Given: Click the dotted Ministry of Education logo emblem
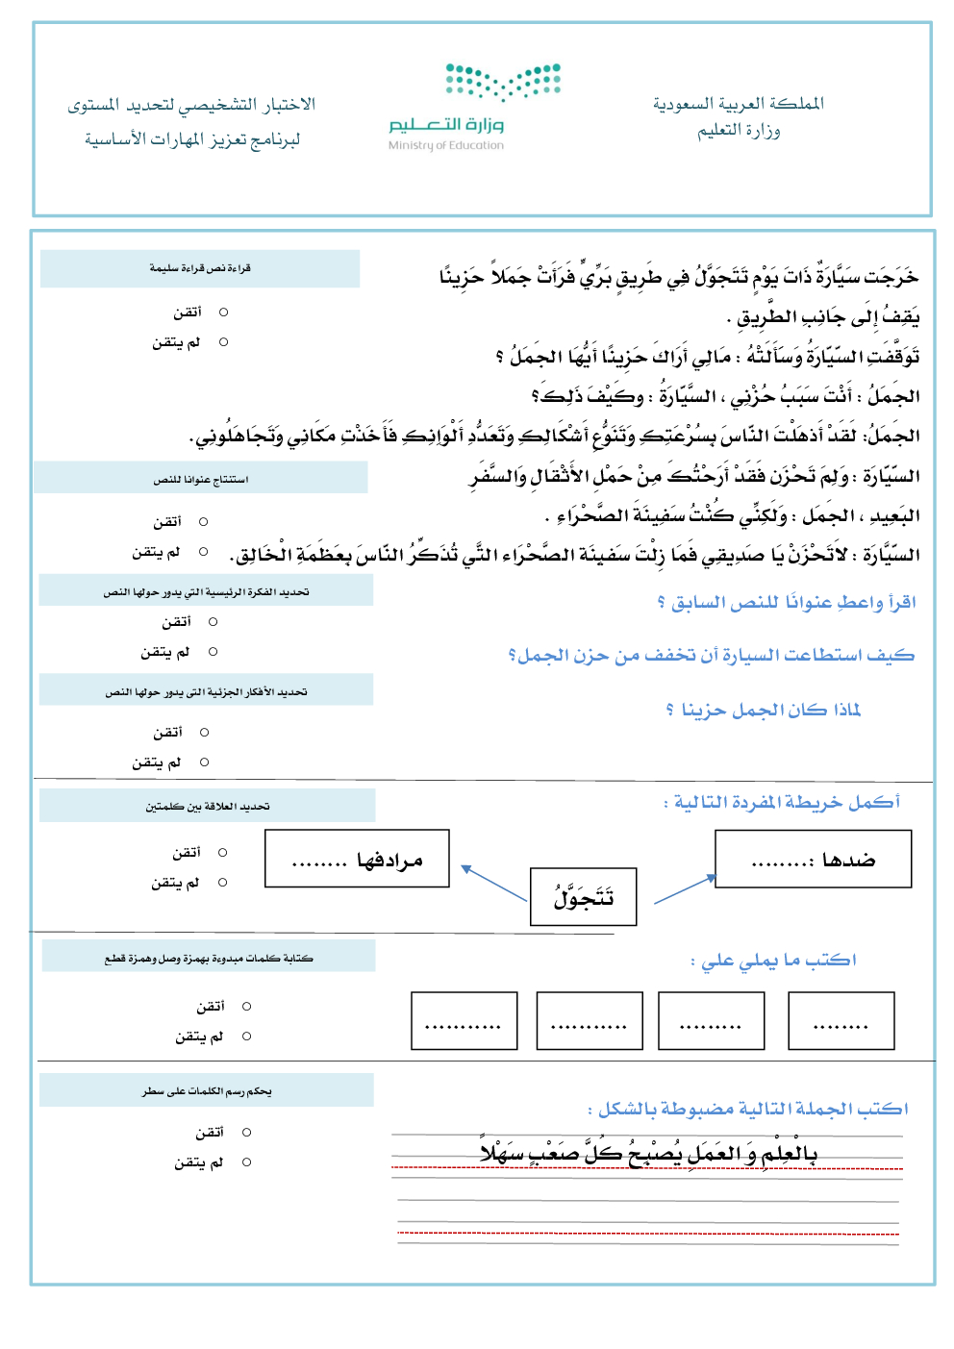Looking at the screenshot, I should [x=503, y=82].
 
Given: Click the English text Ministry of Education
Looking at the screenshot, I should [x=445, y=146].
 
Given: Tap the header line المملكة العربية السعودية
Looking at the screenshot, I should [x=738, y=104].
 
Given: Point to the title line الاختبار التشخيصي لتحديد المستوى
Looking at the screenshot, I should [x=191, y=105].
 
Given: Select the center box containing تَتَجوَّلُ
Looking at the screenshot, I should [x=583, y=897].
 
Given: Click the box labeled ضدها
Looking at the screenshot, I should [x=813, y=859].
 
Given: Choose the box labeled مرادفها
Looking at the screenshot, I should [x=357, y=859].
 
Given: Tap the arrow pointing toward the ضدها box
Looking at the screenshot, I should [x=686, y=889].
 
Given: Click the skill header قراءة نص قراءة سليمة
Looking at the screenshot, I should [x=200, y=268].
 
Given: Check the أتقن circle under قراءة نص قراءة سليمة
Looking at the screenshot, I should [x=224, y=312].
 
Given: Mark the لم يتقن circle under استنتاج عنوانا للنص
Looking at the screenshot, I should [x=204, y=552].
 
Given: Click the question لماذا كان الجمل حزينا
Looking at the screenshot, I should [x=763, y=710].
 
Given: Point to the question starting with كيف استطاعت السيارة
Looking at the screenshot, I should [x=711, y=656].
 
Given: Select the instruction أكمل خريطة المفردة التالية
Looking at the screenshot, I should [x=782, y=802].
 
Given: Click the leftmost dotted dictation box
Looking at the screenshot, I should [x=464, y=1020].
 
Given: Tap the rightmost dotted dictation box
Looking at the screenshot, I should [x=841, y=1020].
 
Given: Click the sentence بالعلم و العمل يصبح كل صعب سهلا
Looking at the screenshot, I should [x=648, y=1153].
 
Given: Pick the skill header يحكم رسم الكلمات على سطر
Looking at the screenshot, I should [x=207, y=1091].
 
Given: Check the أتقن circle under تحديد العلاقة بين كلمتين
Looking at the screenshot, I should [x=223, y=853].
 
